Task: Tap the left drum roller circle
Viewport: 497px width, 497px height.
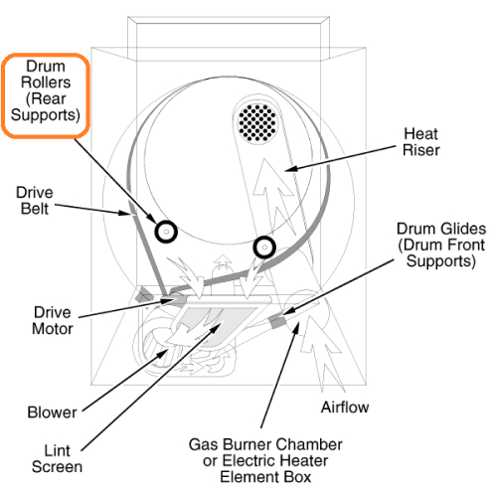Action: pos(165,231)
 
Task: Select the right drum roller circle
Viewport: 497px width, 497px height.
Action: pos(263,246)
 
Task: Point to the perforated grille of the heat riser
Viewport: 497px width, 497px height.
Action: pos(257,122)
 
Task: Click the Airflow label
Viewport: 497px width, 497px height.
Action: pos(343,408)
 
